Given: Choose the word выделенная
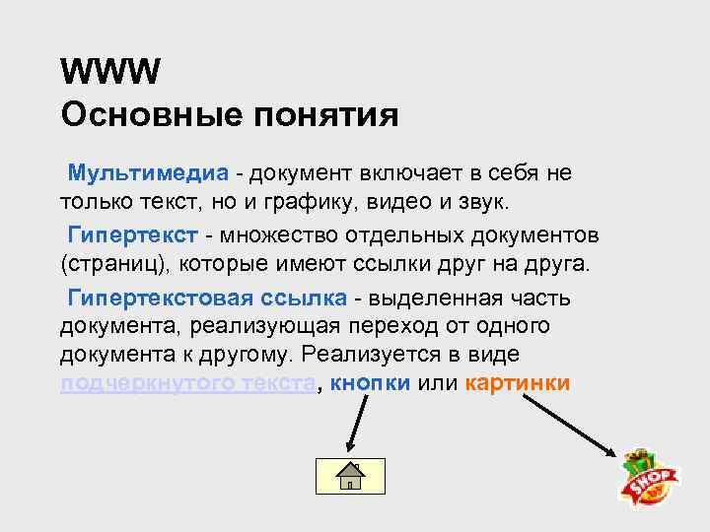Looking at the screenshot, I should [438, 299].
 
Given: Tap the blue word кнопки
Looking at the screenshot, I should [371, 382].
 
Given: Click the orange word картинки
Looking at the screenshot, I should [518, 382].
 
